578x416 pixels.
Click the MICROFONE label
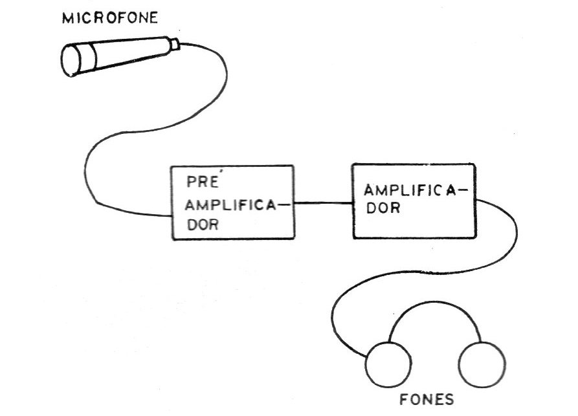(x=110, y=18)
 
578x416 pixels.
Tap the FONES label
(x=427, y=399)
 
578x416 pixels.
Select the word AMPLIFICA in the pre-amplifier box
(x=230, y=205)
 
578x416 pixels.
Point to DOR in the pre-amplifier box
(x=203, y=224)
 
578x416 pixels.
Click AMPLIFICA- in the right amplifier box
(x=416, y=190)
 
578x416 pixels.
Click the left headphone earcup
(x=388, y=364)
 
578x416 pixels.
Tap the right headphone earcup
(x=482, y=364)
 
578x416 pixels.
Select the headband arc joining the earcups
(x=435, y=303)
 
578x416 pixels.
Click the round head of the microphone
(x=71, y=60)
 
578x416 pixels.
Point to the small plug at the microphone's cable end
(x=174, y=43)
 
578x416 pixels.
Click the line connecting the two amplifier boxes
(x=323, y=203)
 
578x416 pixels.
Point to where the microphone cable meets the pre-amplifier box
(x=172, y=216)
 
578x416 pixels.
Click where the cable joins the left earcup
(x=367, y=357)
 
